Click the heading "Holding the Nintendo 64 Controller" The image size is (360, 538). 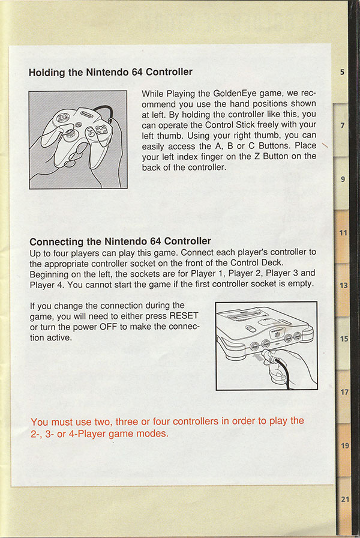[x=110, y=72]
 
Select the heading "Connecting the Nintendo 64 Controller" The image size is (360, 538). [x=120, y=241]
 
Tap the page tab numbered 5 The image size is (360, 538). [x=342, y=73]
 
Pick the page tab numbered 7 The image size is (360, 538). [x=342, y=126]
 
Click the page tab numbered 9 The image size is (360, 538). [x=342, y=179]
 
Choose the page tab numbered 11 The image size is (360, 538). [x=343, y=232]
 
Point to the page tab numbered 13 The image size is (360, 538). [x=343, y=285]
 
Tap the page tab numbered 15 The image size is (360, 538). [x=344, y=339]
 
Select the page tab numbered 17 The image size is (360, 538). [x=344, y=392]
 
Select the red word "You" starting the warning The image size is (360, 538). [x=40, y=421]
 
